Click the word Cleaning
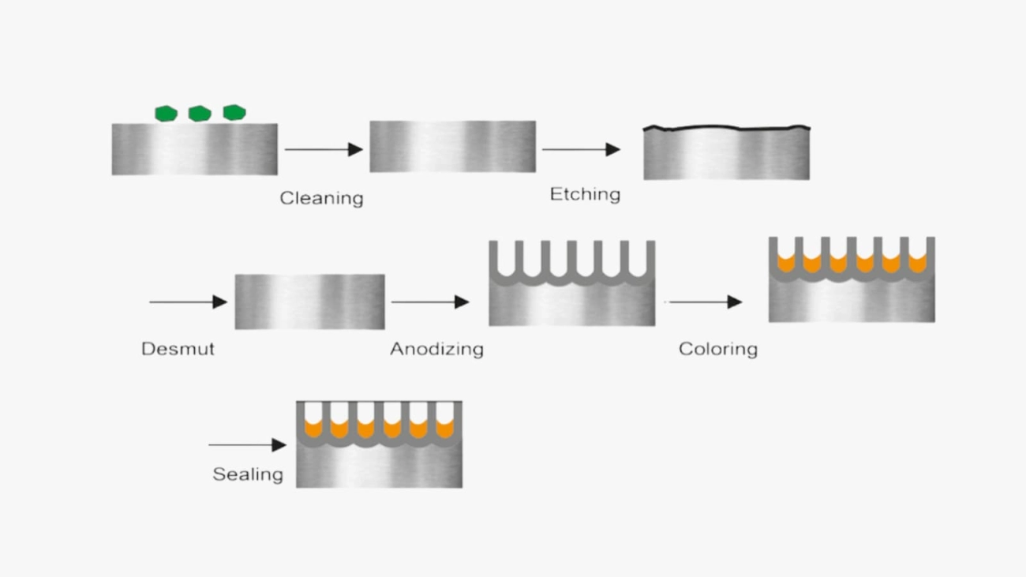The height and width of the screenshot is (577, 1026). pyautogui.click(x=321, y=198)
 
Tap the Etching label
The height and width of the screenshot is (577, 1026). pyautogui.click(x=585, y=194)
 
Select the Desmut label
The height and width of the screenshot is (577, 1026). pyautogui.click(x=178, y=349)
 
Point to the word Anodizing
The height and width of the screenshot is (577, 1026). pyautogui.click(x=436, y=349)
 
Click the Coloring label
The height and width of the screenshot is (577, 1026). pyautogui.click(x=717, y=349)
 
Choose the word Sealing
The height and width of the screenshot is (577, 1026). pyautogui.click(x=247, y=474)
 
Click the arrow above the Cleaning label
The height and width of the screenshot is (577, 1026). pyautogui.click(x=323, y=149)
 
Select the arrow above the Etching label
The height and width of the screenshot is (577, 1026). pyautogui.click(x=580, y=149)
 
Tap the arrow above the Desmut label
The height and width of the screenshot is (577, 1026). pyautogui.click(x=188, y=302)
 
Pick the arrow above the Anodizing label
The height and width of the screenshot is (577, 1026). pyautogui.click(x=429, y=302)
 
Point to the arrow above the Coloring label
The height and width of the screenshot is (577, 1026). pyautogui.click(x=705, y=302)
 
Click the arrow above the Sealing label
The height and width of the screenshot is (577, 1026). pyautogui.click(x=247, y=445)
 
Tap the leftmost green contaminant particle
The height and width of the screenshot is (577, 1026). pyautogui.click(x=166, y=113)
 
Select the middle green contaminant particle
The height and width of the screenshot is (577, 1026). pyautogui.click(x=200, y=113)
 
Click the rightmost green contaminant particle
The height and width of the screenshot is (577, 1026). pyautogui.click(x=234, y=112)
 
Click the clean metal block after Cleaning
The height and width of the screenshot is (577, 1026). pyautogui.click(x=452, y=146)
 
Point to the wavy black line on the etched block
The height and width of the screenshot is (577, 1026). pyautogui.click(x=726, y=127)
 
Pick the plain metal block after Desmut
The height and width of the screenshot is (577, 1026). pyautogui.click(x=309, y=302)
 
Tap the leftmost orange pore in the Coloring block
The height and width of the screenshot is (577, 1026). pyautogui.click(x=785, y=264)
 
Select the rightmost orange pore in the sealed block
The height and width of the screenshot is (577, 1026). pyautogui.click(x=445, y=429)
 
